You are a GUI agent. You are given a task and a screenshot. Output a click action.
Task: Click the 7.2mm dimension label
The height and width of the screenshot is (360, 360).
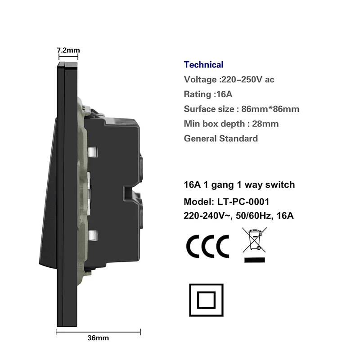pyautogui.click(x=68, y=50)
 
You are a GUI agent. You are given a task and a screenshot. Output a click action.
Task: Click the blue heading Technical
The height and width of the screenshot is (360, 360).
pyautogui.click(x=203, y=65)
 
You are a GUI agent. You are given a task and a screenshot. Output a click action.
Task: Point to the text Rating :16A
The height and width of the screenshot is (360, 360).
pyautogui.click(x=208, y=94)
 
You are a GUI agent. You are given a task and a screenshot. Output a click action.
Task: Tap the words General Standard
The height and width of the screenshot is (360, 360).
pyautogui.click(x=221, y=138)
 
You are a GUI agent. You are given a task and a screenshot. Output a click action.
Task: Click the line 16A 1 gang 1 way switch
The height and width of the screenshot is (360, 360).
pyautogui.click(x=239, y=185)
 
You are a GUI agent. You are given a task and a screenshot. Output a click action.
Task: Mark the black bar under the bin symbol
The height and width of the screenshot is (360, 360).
pyautogui.click(x=254, y=260)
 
